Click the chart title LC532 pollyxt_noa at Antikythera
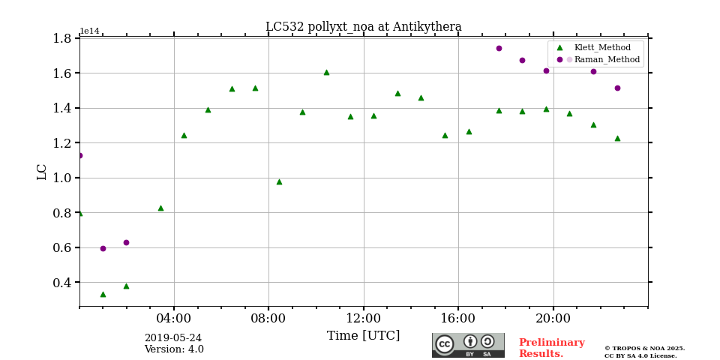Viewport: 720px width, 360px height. coord(363,27)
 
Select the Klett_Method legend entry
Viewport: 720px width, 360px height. coord(603,47)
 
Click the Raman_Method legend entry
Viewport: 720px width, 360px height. coord(606,59)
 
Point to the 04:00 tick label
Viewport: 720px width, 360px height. coord(174,319)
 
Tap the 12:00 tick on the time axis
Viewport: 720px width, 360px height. coord(364,319)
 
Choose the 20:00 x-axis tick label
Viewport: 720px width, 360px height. coord(553,319)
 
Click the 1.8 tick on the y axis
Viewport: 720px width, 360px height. coord(62,38)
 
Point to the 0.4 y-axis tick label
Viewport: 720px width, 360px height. coord(62,283)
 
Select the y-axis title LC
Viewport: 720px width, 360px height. coord(42,172)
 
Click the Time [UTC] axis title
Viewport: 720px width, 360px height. coord(363,336)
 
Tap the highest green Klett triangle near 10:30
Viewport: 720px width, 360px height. coord(326,72)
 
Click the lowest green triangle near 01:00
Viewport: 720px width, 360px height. coord(103,294)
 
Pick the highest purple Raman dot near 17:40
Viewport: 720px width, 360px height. coord(499,48)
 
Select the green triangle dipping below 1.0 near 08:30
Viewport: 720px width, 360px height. coord(279,181)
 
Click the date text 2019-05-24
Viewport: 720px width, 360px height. coord(172,338)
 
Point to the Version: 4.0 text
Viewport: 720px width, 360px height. coord(173,349)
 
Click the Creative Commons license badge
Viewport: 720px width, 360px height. coord(468,345)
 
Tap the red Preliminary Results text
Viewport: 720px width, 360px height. coord(551,348)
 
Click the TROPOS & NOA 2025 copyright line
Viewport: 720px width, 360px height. coord(644,348)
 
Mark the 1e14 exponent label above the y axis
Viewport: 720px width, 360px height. coord(89,31)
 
